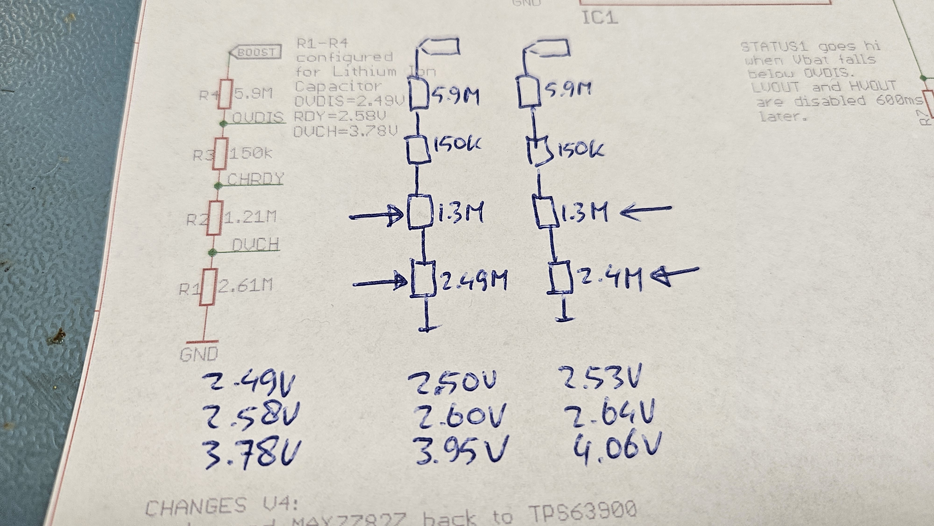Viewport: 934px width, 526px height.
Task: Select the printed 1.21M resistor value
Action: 250,217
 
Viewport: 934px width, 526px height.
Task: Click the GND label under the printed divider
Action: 199,354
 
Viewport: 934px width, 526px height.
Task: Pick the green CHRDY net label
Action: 255,179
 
